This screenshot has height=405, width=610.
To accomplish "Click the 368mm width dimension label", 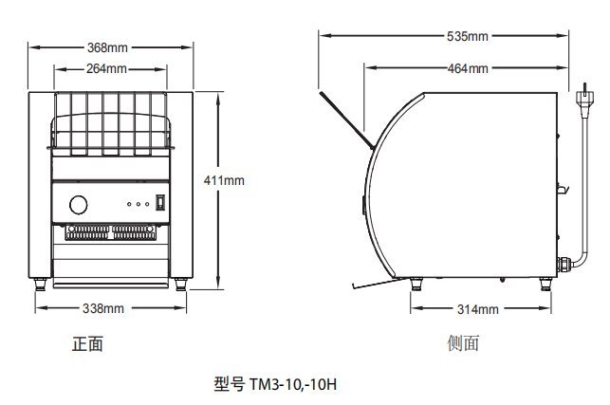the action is pyautogui.click(x=107, y=47).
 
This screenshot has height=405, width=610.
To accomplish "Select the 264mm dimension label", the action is pyautogui.click(x=106, y=68).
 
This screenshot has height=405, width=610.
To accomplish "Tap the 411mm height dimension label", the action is pyautogui.click(x=224, y=180).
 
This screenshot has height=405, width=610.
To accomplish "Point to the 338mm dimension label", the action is pyautogui.click(x=103, y=308).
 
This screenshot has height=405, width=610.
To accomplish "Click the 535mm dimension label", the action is pyautogui.click(x=468, y=36).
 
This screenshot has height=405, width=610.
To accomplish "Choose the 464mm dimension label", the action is pyautogui.click(x=468, y=68).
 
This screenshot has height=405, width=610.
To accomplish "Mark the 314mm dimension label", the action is pyautogui.click(x=478, y=309).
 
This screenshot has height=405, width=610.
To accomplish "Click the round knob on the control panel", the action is pyautogui.click(x=78, y=205).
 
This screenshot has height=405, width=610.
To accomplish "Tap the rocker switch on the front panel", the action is pyautogui.click(x=160, y=202).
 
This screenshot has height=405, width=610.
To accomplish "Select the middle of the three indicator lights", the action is pyautogui.click(x=139, y=204).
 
